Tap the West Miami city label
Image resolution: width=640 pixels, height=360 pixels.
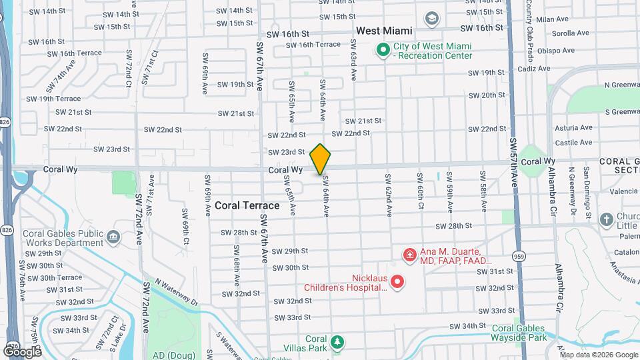coord(384,31)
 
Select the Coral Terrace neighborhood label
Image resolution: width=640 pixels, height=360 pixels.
coord(247,205)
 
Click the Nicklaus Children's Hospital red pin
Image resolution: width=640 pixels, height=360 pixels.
coord(397,282)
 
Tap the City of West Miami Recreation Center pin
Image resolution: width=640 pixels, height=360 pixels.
coord(383,50)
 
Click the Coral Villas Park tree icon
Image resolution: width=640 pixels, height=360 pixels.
coord(338,343)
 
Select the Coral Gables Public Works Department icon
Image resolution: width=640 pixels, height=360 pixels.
coord(113,236)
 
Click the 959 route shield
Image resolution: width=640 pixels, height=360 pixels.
coord(519,255)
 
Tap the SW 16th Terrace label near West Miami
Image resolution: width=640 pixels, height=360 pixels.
coord(313,45)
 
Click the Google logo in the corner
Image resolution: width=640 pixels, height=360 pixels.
coord(22,351)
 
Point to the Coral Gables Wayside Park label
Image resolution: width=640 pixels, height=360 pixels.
coord(518,333)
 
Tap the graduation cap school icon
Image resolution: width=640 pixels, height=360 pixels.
coord(432,18)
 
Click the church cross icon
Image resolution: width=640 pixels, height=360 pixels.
coord(606,219)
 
